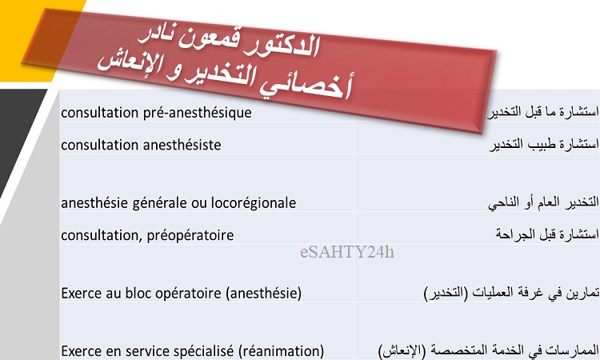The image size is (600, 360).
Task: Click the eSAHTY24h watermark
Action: (347, 252)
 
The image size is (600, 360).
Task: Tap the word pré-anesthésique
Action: (198, 113)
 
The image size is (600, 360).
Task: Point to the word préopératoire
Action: (190, 235)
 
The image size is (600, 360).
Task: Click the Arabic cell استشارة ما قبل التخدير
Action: (543, 112)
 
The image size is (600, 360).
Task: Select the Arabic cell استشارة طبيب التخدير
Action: (544, 145)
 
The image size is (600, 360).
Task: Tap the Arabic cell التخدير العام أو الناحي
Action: (543, 202)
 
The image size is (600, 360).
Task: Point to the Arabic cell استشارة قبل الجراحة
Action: (547, 234)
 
